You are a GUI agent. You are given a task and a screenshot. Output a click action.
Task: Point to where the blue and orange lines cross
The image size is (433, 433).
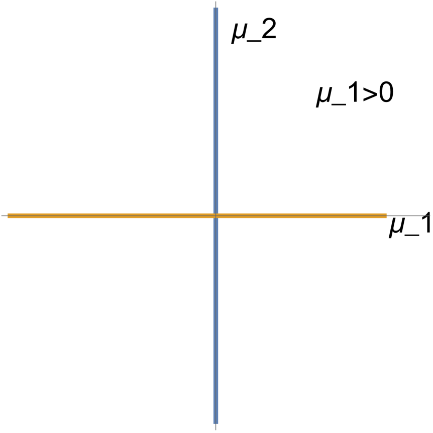coord(216,216)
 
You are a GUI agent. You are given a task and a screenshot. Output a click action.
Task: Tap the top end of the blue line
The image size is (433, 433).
coord(216,9)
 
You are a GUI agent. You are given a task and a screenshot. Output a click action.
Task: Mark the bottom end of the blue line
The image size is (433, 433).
coord(216,423)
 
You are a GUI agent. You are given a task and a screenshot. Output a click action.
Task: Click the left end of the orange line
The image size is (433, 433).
coord(9,216)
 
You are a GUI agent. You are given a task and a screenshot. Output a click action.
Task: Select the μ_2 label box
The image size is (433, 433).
coord(255,29)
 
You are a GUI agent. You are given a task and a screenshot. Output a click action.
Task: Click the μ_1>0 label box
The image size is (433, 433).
coord(355,92)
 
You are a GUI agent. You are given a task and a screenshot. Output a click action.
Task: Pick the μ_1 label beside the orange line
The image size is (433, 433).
coord(409,222)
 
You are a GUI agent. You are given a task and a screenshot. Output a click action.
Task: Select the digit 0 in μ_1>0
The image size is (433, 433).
coord(386,93)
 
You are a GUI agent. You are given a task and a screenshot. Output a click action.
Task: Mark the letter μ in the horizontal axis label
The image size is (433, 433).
coord(397,229)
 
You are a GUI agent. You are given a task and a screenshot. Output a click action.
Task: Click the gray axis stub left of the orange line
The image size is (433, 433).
coord(4,216)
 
